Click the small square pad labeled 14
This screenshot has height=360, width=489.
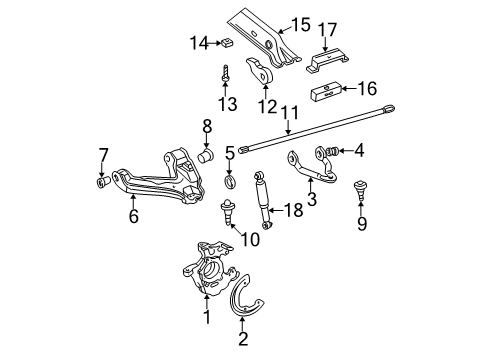click(228, 42)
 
